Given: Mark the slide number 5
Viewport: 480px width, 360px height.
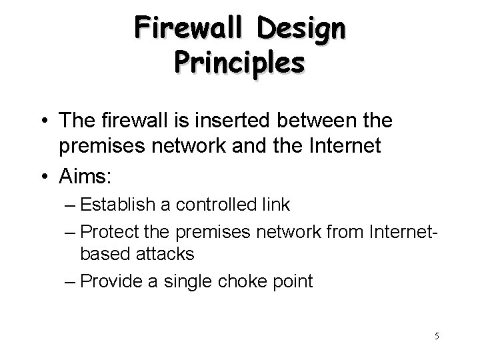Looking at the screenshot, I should [436, 336].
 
